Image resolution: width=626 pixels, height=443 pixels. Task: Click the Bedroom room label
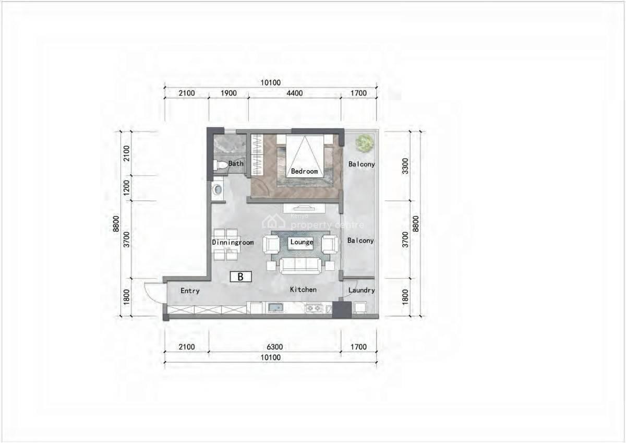[304, 171]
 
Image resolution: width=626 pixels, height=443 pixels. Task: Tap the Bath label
[236, 163]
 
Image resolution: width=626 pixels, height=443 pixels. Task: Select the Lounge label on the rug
[302, 242]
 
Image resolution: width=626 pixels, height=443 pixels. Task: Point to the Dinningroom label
[233, 243]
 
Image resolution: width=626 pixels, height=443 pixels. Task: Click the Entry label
[190, 291]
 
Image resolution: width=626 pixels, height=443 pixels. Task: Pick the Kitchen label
[303, 290]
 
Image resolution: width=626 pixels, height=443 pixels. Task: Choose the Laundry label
[361, 290]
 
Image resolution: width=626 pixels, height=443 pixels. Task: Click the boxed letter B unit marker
[240, 277]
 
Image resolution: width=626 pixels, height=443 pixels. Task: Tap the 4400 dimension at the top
[294, 93]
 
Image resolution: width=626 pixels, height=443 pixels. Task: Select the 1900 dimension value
[228, 93]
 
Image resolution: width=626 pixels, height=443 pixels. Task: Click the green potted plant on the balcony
[365, 142]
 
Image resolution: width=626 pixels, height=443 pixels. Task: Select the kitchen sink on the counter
[275, 308]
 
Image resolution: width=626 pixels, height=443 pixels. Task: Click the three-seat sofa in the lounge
[300, 265]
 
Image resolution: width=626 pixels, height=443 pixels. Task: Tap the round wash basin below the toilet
[218, 190]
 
